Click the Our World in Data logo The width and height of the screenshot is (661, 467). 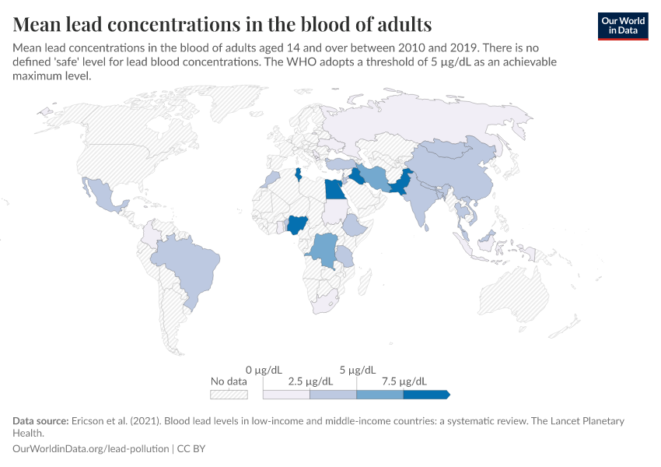click(x=622, y=25)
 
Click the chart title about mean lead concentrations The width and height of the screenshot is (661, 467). click(x=222, y=23)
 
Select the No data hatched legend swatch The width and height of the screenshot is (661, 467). click(x=229, y=395)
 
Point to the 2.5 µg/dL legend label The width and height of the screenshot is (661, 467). click(x=310, y=381)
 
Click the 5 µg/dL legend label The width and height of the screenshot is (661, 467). click(x=358, y=369)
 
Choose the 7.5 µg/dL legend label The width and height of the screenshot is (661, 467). click(x=404, y=381)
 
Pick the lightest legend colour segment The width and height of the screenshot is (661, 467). click(x=286, y=395)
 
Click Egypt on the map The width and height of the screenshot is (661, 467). click(x=335, y=189)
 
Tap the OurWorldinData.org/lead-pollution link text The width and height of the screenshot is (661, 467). click(x=92, y=449)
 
